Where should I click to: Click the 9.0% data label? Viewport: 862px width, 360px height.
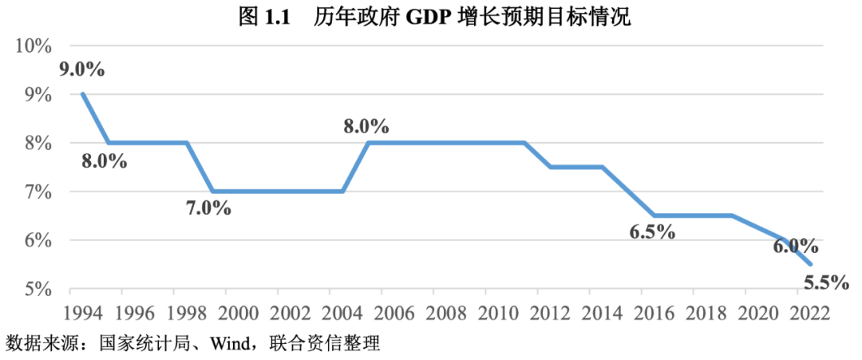[x=82, y=69]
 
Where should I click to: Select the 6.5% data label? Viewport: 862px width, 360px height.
[x=652, y=232]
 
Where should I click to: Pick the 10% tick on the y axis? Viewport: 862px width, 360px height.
[x=33, y=45]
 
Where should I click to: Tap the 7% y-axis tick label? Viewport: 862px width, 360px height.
[x=38, y=192]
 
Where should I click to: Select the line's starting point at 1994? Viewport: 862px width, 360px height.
[x=82, y=94]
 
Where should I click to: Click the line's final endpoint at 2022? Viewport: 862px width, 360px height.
[x=811, y=264]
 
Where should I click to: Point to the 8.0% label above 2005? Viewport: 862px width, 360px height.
[x=366, y=126]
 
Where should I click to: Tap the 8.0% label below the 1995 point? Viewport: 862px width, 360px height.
[x=105, y=160]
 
